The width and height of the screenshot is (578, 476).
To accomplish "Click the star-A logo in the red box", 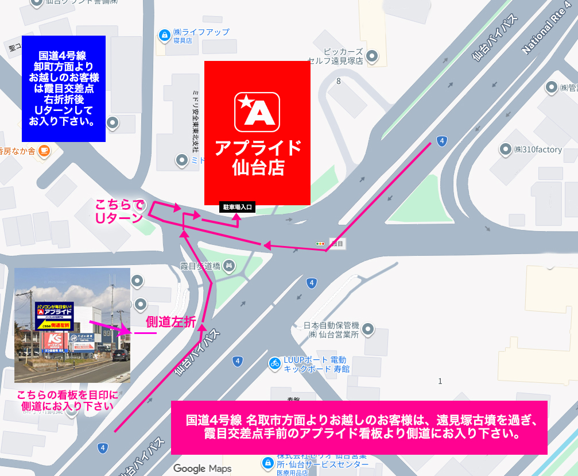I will [x=257, y=112].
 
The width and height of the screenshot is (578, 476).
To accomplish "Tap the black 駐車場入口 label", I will [x=236, y=207].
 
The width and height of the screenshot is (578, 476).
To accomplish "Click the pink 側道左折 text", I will [x=171, y=322].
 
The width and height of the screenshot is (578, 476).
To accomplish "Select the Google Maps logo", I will [x=203, y=469].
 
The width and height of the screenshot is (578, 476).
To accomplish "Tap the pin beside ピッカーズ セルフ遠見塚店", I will [x=373, y=56].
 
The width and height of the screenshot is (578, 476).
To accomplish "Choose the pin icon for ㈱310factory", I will [x=506, y=149].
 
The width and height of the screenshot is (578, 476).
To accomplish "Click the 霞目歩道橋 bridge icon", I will [x=229, y=265].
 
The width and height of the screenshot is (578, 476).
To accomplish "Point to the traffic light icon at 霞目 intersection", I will [x=320, y=244].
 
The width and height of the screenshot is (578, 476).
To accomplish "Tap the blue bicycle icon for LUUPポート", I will [x=275, y=363].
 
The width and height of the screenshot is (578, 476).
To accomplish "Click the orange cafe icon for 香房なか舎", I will [x=44, y=151].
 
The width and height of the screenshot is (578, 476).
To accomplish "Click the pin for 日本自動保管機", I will [x=368, y=329].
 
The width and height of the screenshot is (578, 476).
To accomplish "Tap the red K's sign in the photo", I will [x=53, y=339].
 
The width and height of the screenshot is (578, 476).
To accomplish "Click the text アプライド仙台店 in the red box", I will [x=258, y=158].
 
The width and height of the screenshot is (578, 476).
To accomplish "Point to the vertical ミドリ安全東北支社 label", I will [x=195, y=118].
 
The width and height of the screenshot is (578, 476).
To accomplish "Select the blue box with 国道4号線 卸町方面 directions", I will [x=63, y=89].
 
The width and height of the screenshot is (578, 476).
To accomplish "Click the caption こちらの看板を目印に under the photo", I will [x=67, y=395].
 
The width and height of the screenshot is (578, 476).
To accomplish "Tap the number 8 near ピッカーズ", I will [x=339, y=81].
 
